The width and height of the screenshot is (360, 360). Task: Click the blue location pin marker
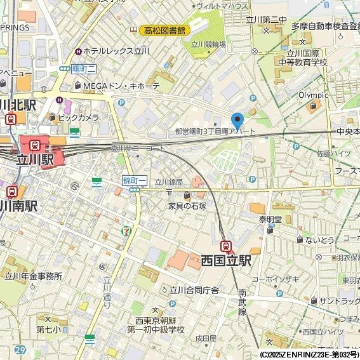[x=237, y=121]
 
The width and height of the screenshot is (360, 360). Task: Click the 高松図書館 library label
[x=164, y=30]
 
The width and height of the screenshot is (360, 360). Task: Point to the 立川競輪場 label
[x=208, y=44]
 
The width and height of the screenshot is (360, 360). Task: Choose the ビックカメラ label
[x=78, y=117]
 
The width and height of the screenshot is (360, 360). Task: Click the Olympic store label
[x=313, y=95]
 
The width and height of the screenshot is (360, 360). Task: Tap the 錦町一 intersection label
[x=135, y=181]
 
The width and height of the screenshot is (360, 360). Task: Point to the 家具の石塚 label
[x=187, y=206]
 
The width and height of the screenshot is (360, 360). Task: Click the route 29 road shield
[x=21, y=350]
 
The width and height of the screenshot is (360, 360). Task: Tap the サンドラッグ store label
[x=339, y=301]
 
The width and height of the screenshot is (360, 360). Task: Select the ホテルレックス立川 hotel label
[x=116, y=51]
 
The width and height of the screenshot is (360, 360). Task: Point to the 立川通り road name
[x=107, y=290]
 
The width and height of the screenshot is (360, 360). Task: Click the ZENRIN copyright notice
[x=309, y=354]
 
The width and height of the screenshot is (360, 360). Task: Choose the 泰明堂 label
[x=270, y=219]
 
